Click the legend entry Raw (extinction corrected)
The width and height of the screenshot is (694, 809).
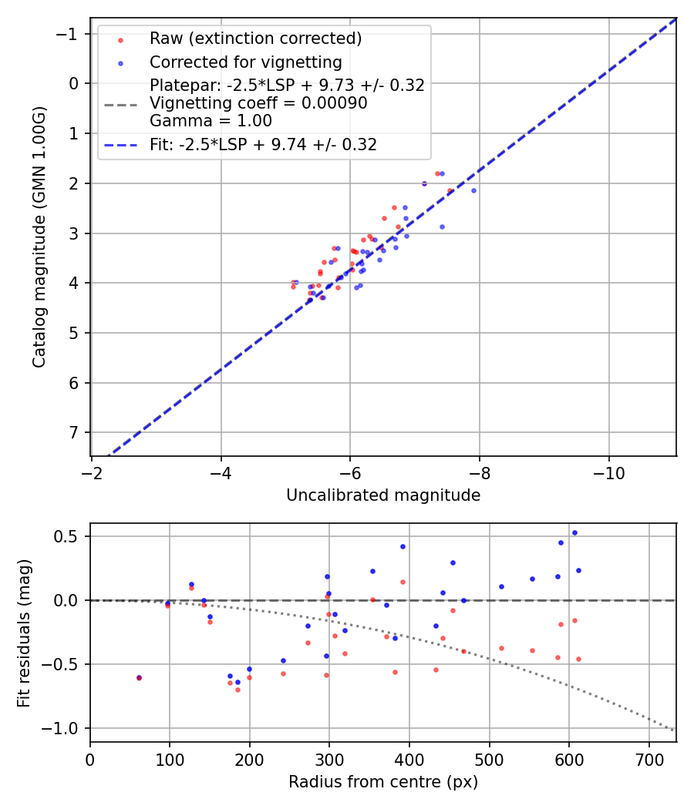click(x=255, y=39)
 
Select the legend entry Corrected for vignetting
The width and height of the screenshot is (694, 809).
click(x=245, y=62)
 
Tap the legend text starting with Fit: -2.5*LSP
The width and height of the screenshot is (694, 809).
click(x=263, y=144)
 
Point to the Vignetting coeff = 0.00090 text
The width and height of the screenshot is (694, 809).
click(x=258, y=103)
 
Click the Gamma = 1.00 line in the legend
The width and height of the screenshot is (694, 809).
click(x=211, y=120)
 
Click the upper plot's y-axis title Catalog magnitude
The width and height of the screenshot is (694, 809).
click(x=39, y=237)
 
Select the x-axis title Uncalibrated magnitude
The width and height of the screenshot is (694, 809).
click(x=383, y=495)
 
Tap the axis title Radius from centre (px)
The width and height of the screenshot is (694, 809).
click(x=383, y=782)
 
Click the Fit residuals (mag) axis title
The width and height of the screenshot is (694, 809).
click(x=24, y=633)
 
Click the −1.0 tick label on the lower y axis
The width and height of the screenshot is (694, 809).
click(x=66, y=728)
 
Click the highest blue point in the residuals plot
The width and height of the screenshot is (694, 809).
click(x=574, y=532)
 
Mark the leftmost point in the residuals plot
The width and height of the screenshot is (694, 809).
click(x=139, y=678)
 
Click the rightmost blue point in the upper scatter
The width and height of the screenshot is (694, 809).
click(x=473, y=190)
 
